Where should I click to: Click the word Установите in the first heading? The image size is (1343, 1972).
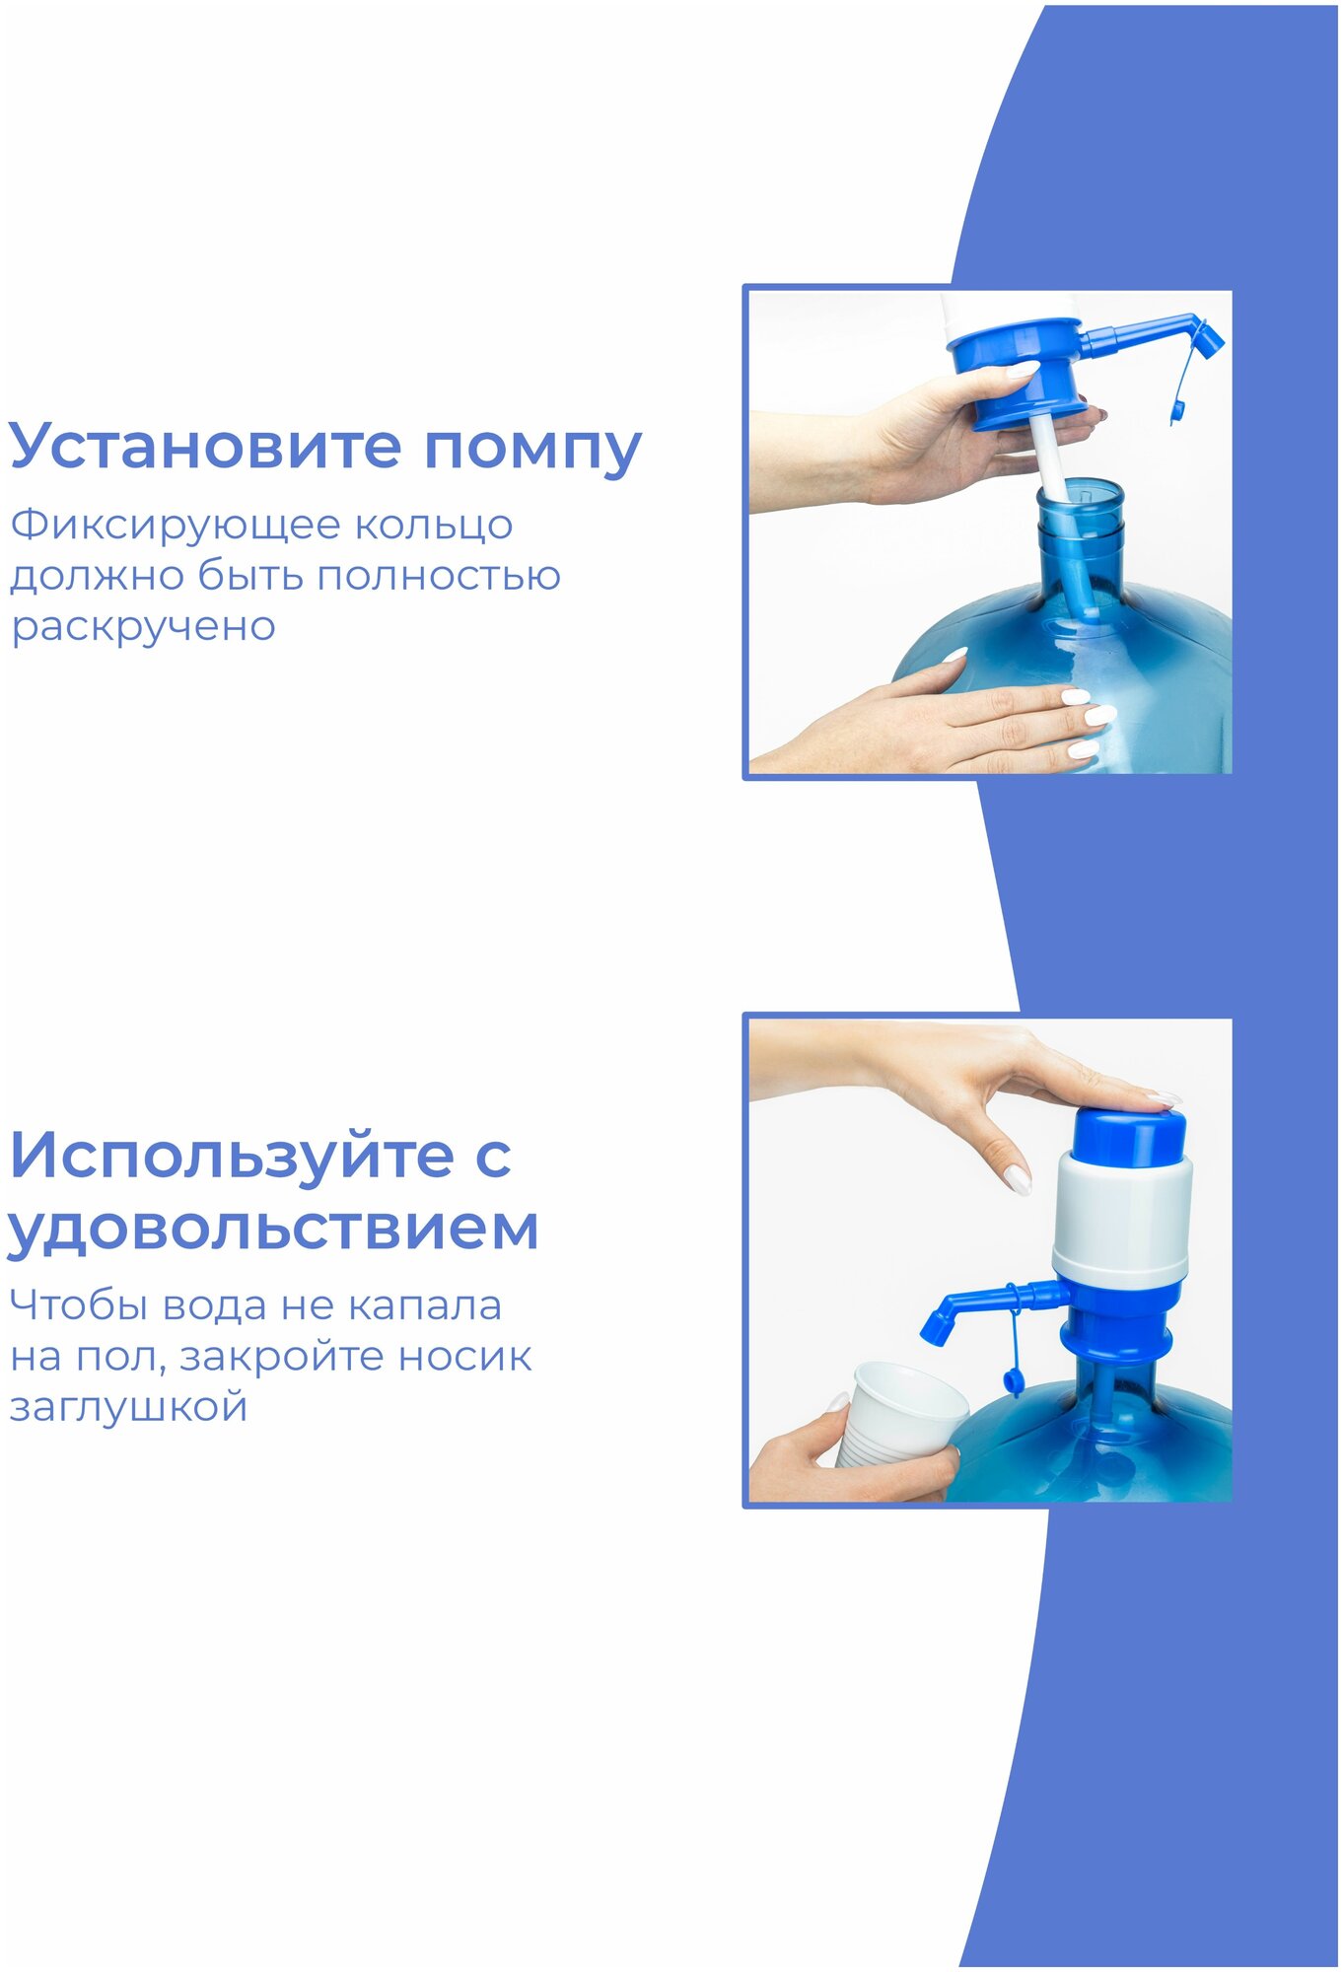pos(205,446)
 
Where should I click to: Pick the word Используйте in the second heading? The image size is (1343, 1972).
pos(231,1156)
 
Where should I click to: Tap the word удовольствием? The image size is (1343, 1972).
pos(273,1230)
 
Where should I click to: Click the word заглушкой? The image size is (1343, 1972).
pos(128,1407)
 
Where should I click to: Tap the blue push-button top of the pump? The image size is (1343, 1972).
pos(1128,1135)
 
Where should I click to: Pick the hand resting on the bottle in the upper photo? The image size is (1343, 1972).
pos(947,718)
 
